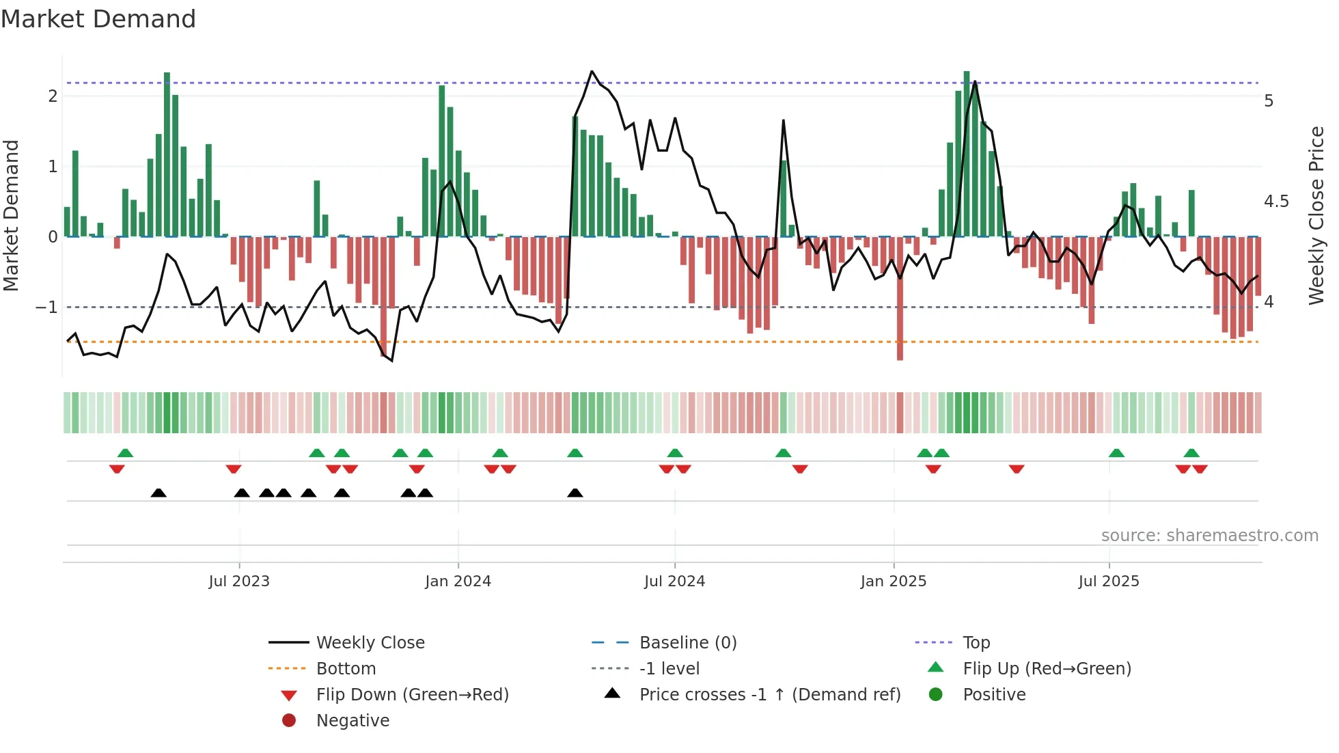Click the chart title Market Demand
98,19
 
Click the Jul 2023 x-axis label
239,581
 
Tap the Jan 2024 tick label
458,581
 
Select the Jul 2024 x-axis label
674,581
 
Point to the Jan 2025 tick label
893,581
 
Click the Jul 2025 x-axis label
1109,581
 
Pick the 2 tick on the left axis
53,96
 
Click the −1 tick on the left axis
47,307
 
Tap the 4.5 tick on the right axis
1276,202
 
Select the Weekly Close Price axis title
1316,215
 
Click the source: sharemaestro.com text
1209,536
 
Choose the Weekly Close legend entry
370,643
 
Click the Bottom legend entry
346,669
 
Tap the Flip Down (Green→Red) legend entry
412,695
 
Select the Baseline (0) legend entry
687,643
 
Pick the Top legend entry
976,643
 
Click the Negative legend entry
353,721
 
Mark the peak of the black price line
592,72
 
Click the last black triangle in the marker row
575,493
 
